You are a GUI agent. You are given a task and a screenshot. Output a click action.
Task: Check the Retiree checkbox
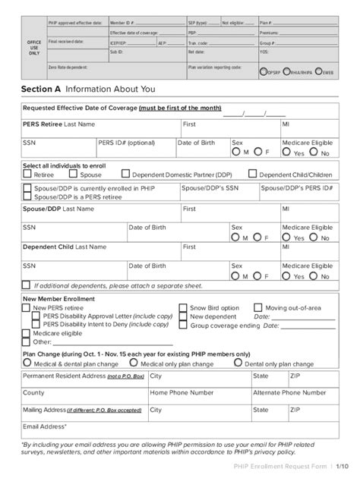[28, 175]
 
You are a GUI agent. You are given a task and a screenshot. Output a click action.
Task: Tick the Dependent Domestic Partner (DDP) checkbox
[126, 175]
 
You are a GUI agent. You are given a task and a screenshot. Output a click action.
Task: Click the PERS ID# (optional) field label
[125, 142]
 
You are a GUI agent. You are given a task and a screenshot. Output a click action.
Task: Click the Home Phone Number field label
[181, 393]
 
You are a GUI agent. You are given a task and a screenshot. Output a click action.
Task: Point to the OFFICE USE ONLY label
[33, 48]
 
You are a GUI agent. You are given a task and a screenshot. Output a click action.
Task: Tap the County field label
[33, 393]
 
